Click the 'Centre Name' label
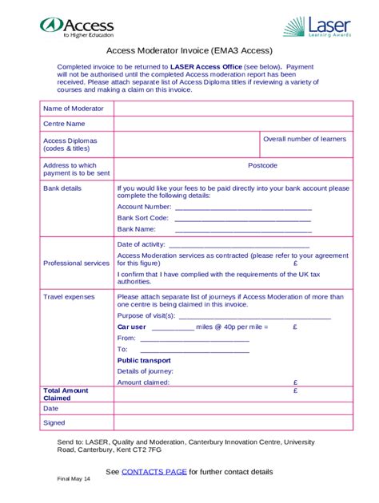64,124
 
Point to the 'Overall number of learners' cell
305,139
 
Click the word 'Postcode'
262,165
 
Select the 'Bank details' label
62,188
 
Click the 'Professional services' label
76,263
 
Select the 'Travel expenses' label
69,296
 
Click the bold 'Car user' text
132,327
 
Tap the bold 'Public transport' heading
144,360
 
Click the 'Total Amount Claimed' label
66,394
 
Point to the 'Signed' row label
54,422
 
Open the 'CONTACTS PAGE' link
154,472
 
